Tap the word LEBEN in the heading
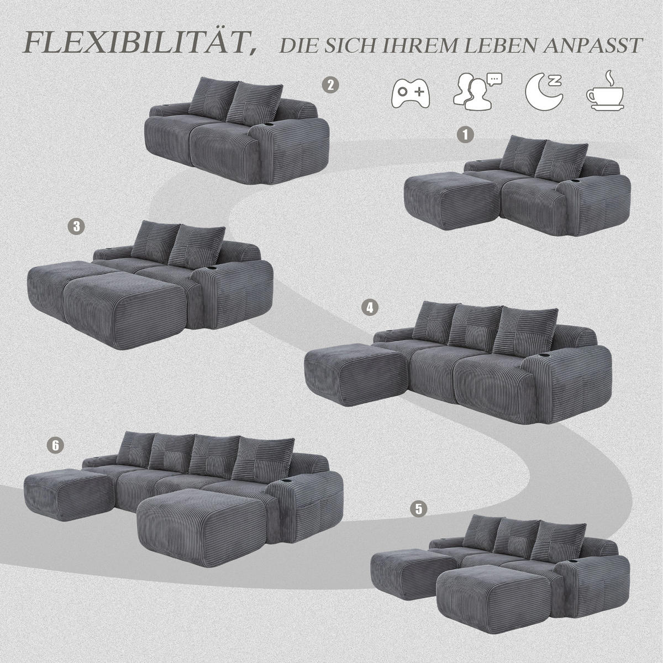[500, 45]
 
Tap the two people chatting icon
[476, 92]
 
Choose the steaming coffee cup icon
[605, 91]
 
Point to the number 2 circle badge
[330, 85]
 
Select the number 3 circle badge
[76, 225]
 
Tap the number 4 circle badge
[370, 307]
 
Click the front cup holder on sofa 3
[212, 269]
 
